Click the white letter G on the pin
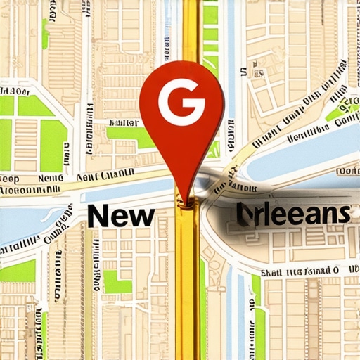(181, 103)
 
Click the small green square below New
(117, 281)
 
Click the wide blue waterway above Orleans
(302, 159)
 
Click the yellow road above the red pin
(190, 28)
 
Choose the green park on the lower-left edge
(18, 271)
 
